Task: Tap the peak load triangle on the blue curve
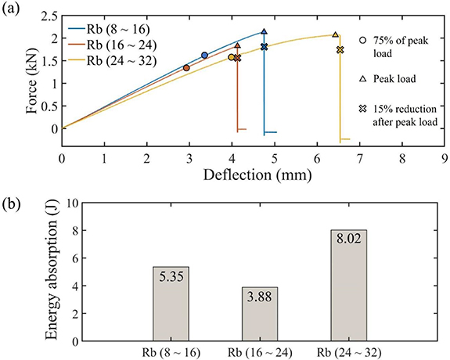pos(264,32)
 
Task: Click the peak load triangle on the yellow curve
pos(336,34)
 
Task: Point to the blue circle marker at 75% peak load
pos(204,56)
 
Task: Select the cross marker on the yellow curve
pos(340,50)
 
